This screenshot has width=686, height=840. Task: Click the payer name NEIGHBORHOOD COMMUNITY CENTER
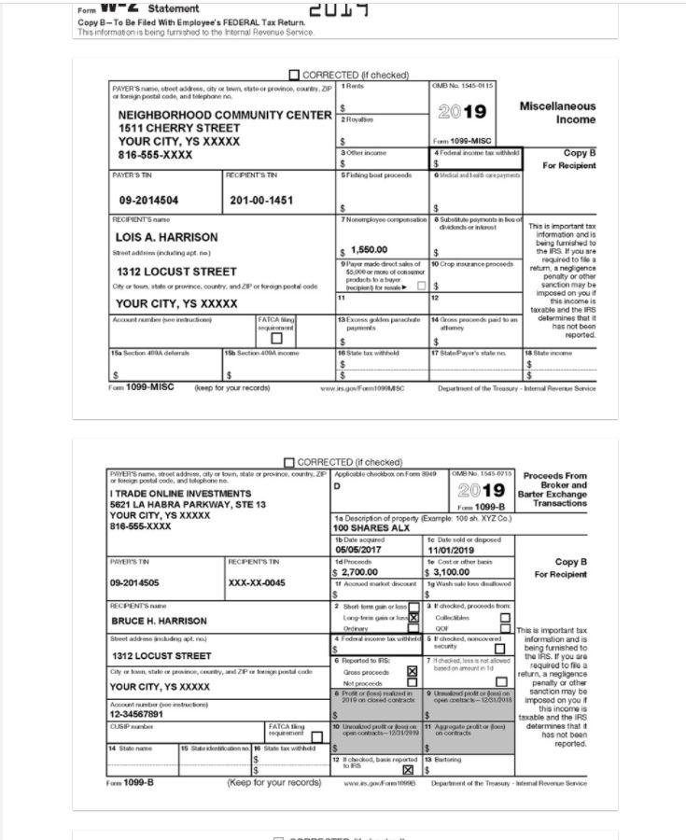pyautogui.click(x=225, y=115)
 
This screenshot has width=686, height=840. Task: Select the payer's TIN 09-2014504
pyautogui.click(x=148, y=201)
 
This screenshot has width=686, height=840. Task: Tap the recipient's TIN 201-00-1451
pyautogui.click(x=260, y=201)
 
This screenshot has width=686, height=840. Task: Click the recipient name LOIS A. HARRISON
pyautogui.click(x=166, y=237)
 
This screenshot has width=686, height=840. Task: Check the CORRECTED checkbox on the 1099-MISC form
pyautogui.click(x=295, y=75)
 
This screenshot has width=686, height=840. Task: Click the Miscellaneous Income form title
pyautogui.click(x=557, y=113)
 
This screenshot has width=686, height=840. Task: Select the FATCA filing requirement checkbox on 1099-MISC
pyautogui.click(x=275, y=338)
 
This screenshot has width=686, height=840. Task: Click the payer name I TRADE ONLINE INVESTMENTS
pyautogui.click(x=180, y=493)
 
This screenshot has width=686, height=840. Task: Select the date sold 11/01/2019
pyautogui.click(x=452, y=551)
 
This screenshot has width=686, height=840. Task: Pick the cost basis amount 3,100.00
pyautogui.click(x=451, y=572)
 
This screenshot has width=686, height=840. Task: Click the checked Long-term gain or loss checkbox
pyautogui.click(x=413, y=618)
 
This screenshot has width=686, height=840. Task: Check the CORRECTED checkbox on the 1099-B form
pyautogui.click(x=289, y=462)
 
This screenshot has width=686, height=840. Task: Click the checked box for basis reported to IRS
pyautogui.click(x=407, y=770)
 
